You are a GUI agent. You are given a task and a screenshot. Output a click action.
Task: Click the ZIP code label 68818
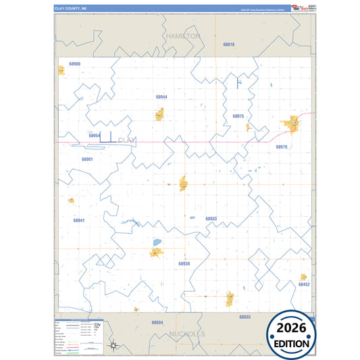pos(229,44)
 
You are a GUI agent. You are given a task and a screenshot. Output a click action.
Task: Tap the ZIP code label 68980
pos(74,64)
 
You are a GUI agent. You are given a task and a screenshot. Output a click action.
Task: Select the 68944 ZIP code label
pos(161,97)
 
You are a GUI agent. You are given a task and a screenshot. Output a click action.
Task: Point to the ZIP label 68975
pos(238,116)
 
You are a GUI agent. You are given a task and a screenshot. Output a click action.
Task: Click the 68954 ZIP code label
pos(95,135)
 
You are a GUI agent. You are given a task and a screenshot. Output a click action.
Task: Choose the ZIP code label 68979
pos(282,147)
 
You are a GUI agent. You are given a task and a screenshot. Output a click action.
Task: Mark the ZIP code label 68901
pos(87,159)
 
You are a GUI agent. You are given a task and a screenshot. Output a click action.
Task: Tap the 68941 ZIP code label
pos(79,220)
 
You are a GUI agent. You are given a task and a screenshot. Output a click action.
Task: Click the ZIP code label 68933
pos(211,219)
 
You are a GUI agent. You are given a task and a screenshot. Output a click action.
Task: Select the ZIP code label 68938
pos(184,263)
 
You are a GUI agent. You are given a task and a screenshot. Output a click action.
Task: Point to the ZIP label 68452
pos(304,284)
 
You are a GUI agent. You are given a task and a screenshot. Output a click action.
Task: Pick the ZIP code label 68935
pos(245,316)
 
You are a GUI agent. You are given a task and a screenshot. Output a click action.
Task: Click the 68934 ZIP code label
pos(157,322)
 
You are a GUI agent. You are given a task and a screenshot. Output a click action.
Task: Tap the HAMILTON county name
pos(182,35)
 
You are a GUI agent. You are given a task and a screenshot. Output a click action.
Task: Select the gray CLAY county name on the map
pos(126,140)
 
